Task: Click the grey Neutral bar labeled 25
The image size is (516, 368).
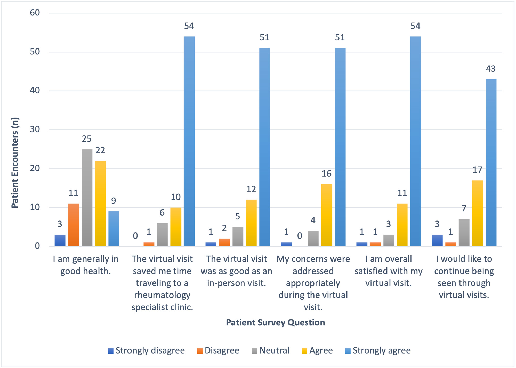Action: (87, 198)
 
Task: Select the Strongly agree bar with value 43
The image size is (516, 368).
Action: (491, 162)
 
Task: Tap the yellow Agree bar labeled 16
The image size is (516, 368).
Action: (327, 215)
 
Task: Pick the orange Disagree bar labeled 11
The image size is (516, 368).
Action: (74, 225)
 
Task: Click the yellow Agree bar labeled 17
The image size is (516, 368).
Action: (478, 213)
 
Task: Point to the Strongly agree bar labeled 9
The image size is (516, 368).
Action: (114, 228)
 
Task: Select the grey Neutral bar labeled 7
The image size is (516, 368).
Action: (464, 233)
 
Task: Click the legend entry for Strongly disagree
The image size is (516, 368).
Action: (146, 351)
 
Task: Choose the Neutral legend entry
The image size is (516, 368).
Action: (271, 351)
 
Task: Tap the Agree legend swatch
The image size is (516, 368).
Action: (304, 351)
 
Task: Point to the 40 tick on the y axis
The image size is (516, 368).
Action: (35, 91)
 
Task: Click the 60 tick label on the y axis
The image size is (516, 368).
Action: (35, 13)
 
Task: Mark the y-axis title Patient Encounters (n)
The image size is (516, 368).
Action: (15, 162)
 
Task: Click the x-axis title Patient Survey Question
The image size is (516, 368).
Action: (275, 322)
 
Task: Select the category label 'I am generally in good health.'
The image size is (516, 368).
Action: (86, 265)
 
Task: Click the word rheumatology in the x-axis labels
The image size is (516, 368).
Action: (162, 295)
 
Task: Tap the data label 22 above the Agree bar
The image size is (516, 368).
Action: (100, 150)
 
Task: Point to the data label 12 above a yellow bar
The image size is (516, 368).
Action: (251, 189)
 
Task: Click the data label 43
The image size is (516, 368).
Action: (491, 69)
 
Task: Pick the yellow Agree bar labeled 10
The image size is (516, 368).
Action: (176, 227)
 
